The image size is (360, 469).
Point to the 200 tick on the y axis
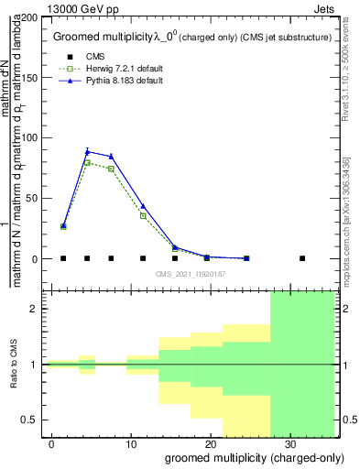(x=32, y=17)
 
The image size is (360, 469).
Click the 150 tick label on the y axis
(x=32, y=78)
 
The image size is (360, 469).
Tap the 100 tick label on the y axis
(x=32, y=138)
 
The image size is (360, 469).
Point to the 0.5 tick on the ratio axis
(x=33, y=420)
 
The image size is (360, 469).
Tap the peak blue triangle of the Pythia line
(x=87, y=151)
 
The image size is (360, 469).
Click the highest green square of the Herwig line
(x=87, y=162)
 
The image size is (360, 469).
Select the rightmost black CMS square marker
(x=302, y=258)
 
